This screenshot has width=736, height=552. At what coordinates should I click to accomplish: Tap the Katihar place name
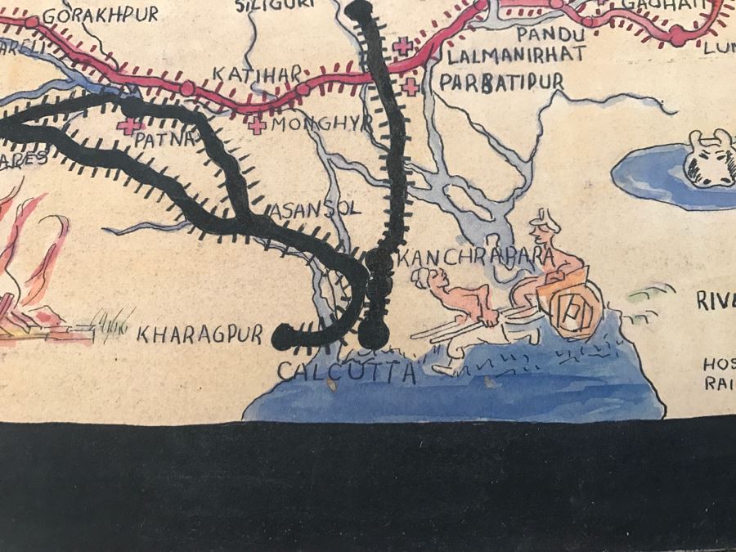tap(247, 74)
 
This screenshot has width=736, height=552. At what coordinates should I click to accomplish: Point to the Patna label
tap(167, 138)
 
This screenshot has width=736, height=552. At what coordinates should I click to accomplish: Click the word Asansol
tap(315, 208)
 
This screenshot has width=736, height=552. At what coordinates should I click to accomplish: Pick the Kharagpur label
tap(200, 334)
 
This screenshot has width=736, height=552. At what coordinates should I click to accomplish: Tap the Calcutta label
tap(347, 372)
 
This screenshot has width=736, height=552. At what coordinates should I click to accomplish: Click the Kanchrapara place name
tap(474, 258)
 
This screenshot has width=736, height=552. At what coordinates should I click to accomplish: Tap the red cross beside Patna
tap(127, 127)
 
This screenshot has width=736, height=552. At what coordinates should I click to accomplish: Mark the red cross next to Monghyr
tap(258, 126)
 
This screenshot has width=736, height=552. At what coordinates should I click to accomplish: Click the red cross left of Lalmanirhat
tap(402, 47)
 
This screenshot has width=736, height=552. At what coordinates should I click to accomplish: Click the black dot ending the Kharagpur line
tap(283, 334)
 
